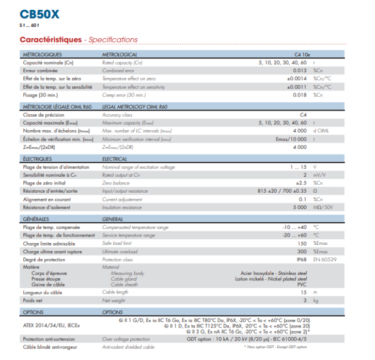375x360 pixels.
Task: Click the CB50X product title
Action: pyautogui.click(x=39, y=14)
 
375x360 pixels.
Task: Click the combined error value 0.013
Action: pyautogui.click(x=300, y=70)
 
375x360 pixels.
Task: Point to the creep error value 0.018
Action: pyautogui.click(x=300, y=95)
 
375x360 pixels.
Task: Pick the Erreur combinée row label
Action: pyautogui.click(x=40, y=70)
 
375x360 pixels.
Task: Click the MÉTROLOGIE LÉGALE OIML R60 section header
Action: pyautogui.click(x=57, y=106)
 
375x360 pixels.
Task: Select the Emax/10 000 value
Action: pyautogui.click(x=291, y=139)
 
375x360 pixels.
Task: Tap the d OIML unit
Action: pyautogui.click(x=321, y=131)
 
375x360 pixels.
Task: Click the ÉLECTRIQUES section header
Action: pyautogui.click(x=37, y=159)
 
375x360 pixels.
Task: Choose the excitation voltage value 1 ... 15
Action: pyautogui.click(x=299, y=167)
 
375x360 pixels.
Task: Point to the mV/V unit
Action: pyautogui.click(x=320, y=176)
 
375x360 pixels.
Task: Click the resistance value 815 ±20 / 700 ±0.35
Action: pyautogui.click(x=282, y=191)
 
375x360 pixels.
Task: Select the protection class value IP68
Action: pyautogui.click(x=302, y=259)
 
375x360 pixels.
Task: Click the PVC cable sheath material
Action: pyautogui.click(x=302, y=284)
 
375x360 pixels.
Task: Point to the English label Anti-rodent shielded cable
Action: pyautogui.click(x=128, y=348)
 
